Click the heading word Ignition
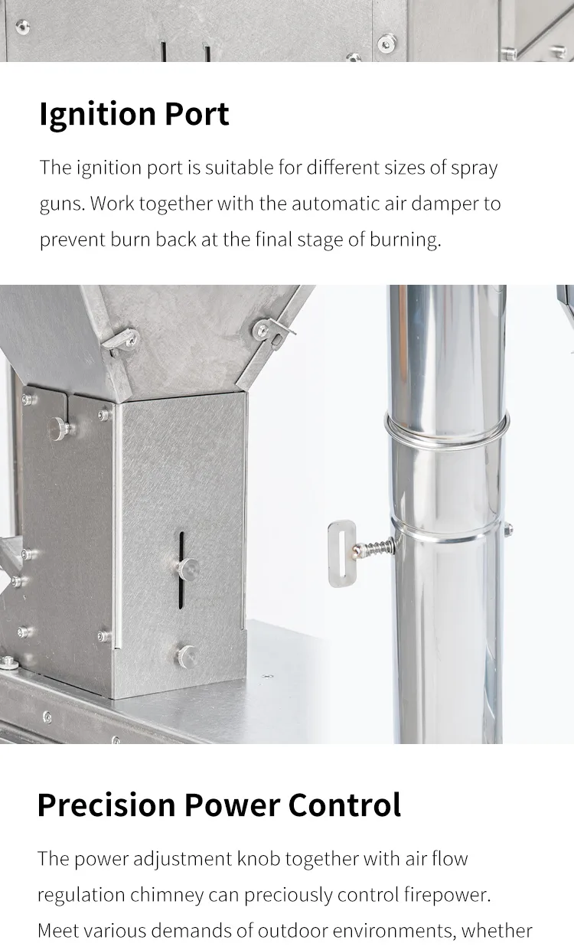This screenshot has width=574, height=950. tap(97, 115)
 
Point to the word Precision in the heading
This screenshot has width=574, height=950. tap(106, 805)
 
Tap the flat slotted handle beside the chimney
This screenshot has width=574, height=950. tap(341, 553)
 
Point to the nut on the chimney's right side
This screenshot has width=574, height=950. tap(508, 530)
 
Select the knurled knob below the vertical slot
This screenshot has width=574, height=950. tap(187, 657)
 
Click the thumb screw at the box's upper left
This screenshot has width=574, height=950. tap(58, 429)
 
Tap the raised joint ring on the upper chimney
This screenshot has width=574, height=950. tap(446, 429)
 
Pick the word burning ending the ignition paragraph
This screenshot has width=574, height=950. tap(406, 240)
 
